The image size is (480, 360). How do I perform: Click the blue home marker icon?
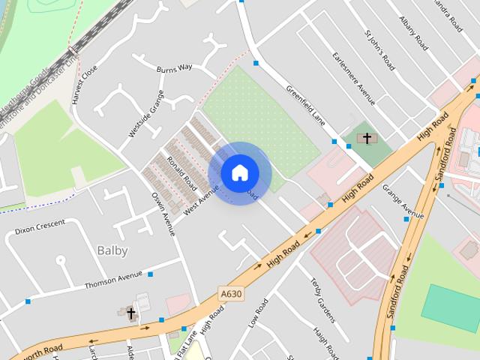[x=239, y=172]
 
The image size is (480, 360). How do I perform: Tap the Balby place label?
[x=112, y=250]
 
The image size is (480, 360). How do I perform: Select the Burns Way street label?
[x=174, y=68]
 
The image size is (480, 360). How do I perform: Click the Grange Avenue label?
[x=403, y=196]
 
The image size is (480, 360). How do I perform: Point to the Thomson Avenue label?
[x=113, y=279]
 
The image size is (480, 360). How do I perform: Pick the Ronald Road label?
[x=181, y=173]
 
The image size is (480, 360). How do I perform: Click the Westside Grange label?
[x=145, y=114]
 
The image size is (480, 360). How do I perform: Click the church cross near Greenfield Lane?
[x=367, y=138]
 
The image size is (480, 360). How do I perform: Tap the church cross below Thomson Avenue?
[x=130, y=313]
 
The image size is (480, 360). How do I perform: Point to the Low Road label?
[x=257, y=313]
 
